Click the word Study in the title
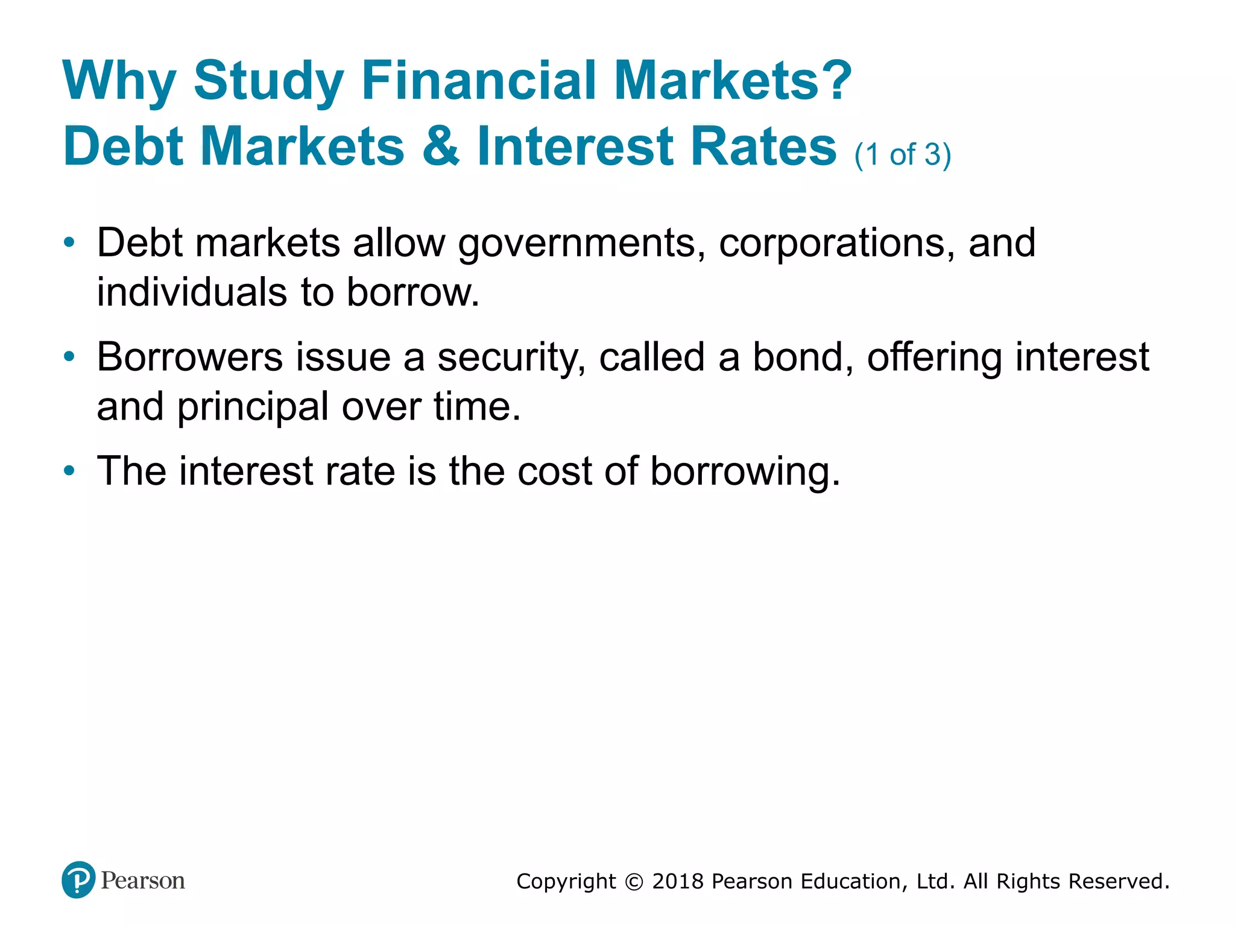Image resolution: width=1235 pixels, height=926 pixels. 268,81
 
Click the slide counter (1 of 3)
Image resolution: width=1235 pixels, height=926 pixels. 902,154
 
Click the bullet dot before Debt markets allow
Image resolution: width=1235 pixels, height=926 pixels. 70,243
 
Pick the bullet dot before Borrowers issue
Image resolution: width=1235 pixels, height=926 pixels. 70,357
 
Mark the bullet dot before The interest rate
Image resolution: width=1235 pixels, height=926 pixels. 70,470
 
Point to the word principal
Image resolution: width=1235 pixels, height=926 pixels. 253,408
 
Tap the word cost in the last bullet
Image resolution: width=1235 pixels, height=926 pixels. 554,471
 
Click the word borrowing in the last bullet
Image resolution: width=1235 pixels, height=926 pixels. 745,472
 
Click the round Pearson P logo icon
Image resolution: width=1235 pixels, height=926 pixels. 78,880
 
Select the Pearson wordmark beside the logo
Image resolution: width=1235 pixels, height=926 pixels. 143,881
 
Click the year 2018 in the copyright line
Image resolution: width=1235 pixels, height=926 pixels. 678,881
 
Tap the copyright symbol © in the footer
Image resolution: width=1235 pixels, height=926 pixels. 634,882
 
